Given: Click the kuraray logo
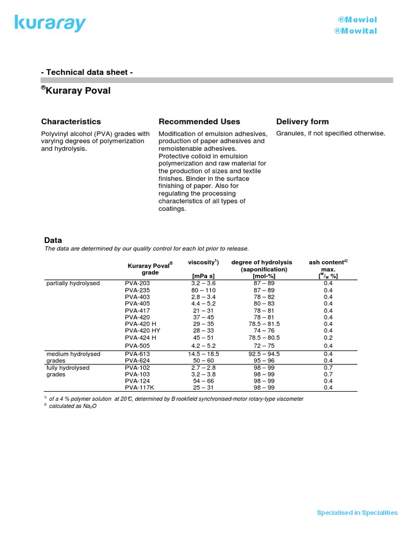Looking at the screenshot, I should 50,24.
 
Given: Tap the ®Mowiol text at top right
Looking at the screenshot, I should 357,20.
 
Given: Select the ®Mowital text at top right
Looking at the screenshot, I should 355,31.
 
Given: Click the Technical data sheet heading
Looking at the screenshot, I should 87,72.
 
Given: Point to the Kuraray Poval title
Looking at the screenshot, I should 76,90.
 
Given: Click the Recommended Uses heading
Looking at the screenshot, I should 200,121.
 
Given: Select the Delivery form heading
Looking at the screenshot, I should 302,121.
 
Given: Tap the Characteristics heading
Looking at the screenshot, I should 71,121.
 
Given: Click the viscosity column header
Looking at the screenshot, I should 203,262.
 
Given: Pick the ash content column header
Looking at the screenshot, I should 328,262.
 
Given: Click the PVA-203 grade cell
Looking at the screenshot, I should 138,283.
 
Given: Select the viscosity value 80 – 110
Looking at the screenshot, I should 203,290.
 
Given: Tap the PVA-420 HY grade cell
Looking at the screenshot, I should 142,331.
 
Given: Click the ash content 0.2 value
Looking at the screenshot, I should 328,338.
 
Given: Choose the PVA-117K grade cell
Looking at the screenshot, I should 140,387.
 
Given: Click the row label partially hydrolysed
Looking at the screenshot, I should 73,283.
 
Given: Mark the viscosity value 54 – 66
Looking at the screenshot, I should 203,381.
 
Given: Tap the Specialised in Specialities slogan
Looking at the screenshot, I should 357,513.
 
